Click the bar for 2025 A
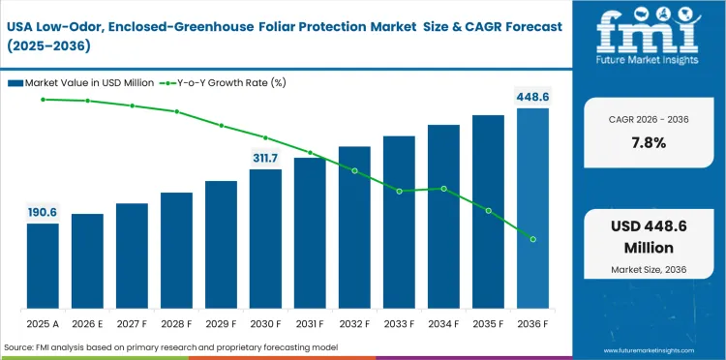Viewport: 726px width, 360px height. [43, 266]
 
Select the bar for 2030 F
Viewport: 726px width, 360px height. [265, 239]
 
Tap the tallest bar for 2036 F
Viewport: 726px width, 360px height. [532, 208]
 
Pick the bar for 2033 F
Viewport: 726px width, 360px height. [399, 223]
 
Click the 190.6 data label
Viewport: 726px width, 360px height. [43, 212]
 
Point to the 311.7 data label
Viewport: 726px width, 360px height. [265, 158]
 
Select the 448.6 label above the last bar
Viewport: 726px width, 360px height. [532, 97]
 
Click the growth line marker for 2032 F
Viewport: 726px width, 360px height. [354, 170]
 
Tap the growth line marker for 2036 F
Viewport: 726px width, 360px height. [532, 239]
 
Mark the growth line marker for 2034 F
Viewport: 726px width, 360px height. [443, 189]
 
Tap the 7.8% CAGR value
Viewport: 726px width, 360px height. [648, 142]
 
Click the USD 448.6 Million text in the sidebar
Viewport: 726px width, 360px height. [648, 237]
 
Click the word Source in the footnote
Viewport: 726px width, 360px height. [19, 346]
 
